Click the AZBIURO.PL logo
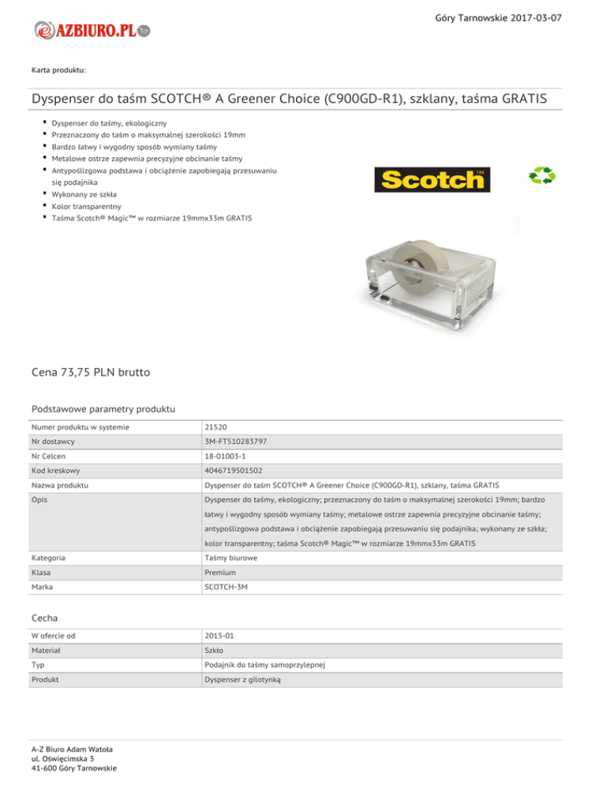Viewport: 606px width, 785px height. point(92,31)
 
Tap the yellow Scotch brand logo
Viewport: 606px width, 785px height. point(432,179)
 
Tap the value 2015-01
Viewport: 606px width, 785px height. point(217,636)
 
